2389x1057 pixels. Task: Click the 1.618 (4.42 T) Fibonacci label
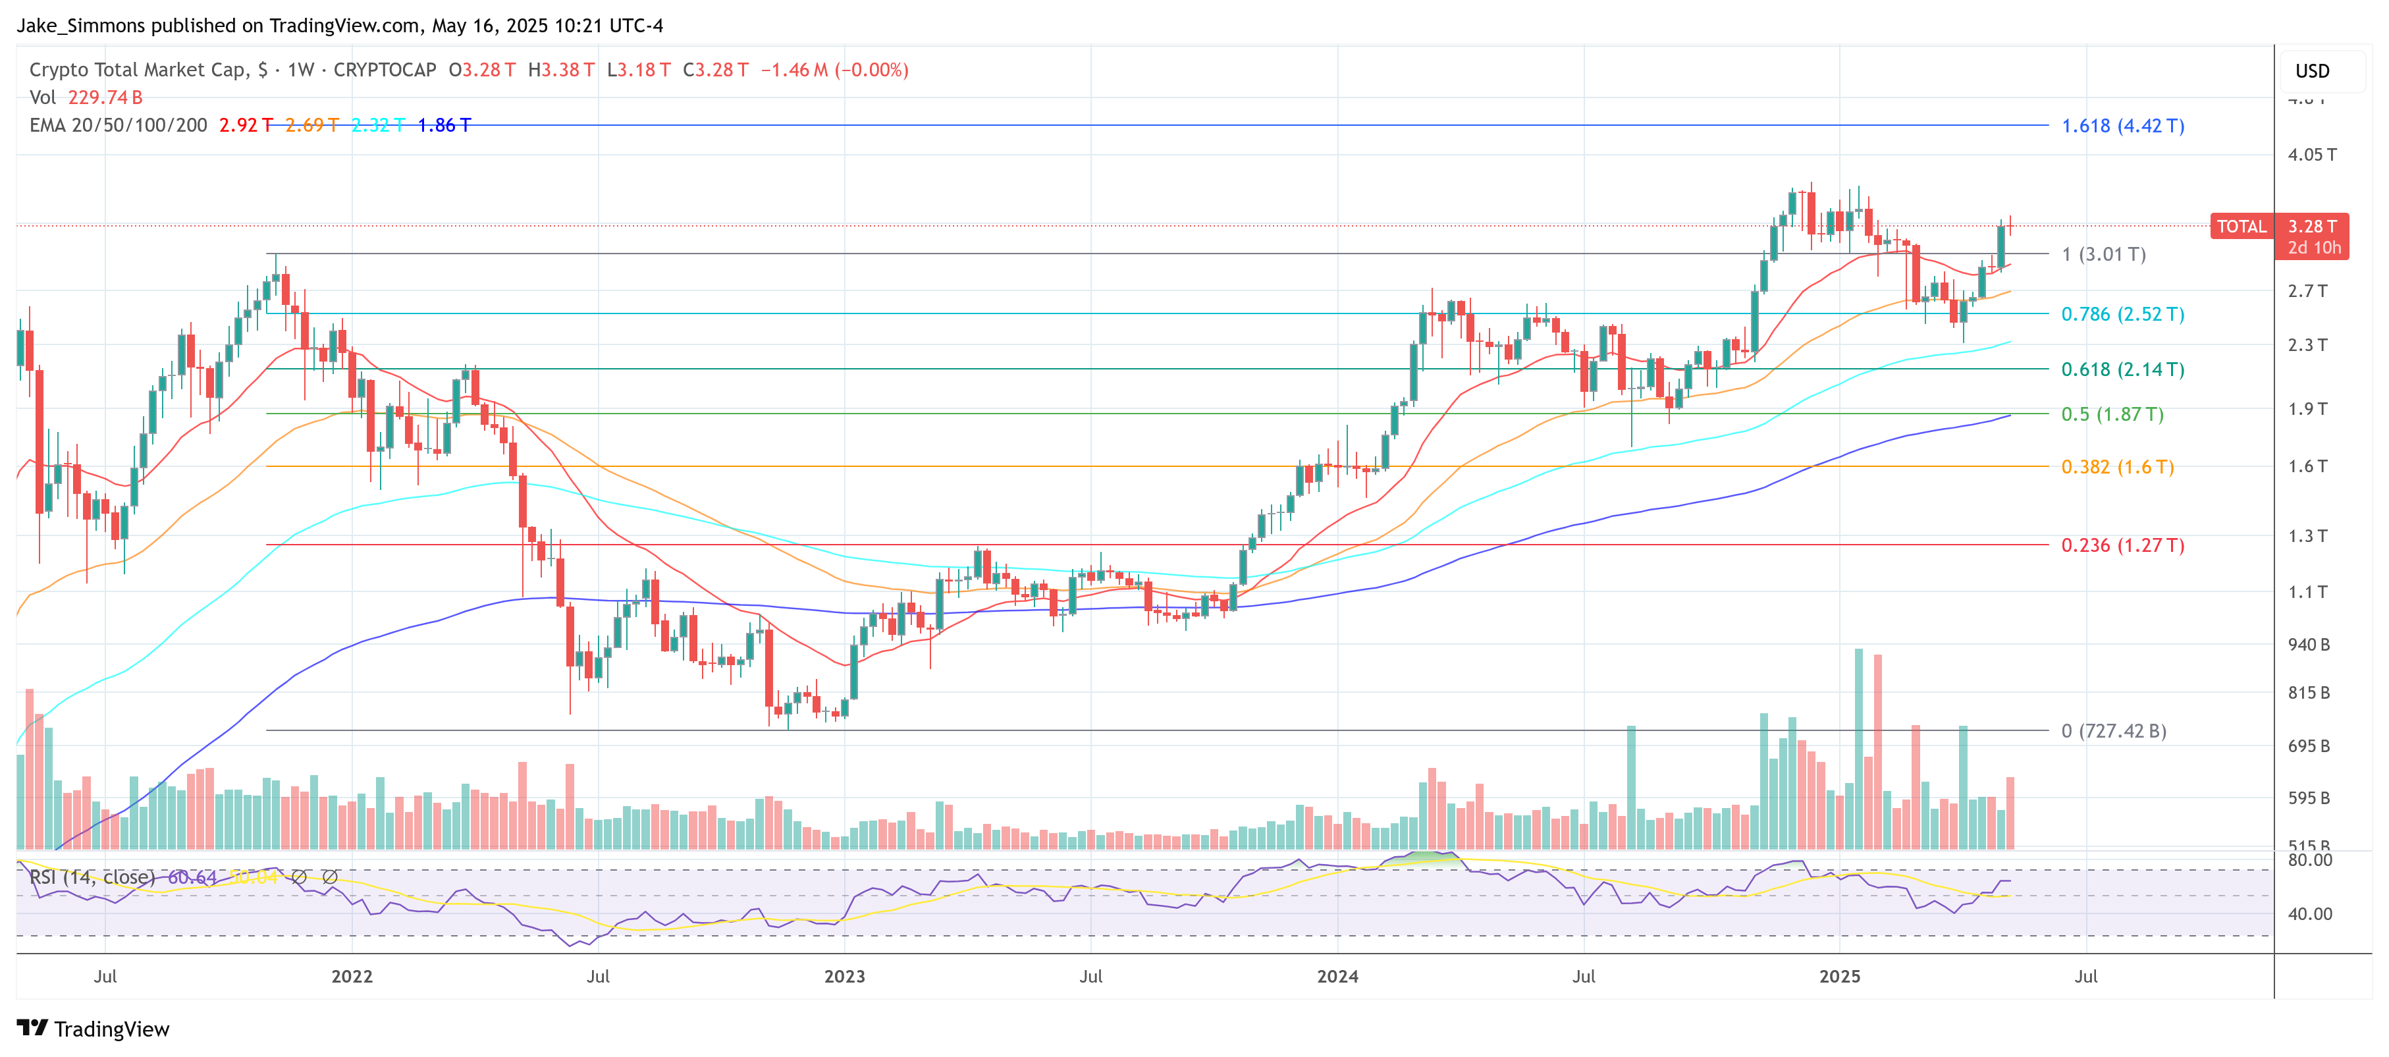click(2122, 126)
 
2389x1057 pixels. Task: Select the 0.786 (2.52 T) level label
click(2122, 314)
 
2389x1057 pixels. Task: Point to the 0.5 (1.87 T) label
click(2112, 414)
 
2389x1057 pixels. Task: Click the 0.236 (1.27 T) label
click(2122, 545)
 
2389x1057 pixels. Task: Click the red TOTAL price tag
click(2241, 227)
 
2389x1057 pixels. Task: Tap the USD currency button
click(2311, 71)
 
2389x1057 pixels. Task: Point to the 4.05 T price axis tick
click(2311, 155)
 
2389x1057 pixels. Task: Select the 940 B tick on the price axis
click(2308, 644)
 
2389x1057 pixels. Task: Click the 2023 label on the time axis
click(844, 977)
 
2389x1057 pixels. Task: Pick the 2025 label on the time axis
click(1839, 977)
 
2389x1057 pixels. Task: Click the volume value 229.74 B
click(105, 97)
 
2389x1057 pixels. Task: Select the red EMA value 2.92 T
click(246, 125)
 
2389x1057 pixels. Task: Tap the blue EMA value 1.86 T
click(444, 125)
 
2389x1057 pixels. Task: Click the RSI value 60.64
click(192, 877)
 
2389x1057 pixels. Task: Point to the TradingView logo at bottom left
click(93, 1029)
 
